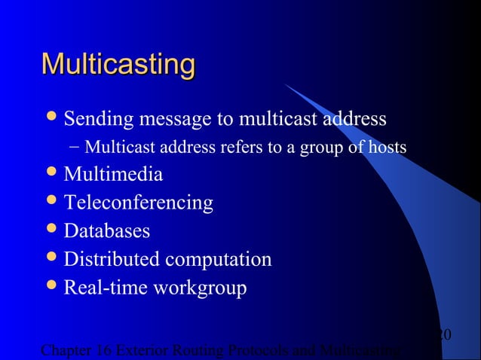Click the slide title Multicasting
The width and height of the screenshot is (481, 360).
[x=118, y=64]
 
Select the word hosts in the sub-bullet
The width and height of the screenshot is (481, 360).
[x=388, y=146]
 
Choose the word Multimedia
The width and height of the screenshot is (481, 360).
[x=113, y=175]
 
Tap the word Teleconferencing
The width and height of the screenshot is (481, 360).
[x=138, y=203]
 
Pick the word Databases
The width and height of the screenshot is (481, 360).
[x=106, y=231]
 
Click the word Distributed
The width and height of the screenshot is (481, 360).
[x=112, y=260]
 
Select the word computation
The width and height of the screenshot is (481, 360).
[x=219, y=261]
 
